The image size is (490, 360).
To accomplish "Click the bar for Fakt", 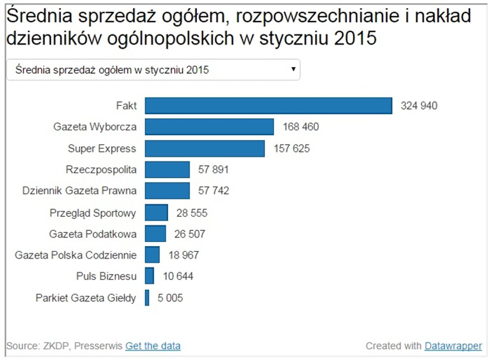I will click(x=268, y=106).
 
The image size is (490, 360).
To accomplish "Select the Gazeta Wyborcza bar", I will click(x=209, y=127).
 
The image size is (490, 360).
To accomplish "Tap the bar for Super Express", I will click(x=205, y=148).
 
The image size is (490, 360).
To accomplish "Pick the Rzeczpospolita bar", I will click(x=167, y=170).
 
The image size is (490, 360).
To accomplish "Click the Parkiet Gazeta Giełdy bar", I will click(x=147, y=298).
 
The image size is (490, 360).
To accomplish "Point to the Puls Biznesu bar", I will click(x=149, y=276).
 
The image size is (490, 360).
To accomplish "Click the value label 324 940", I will click(x=419, y=106).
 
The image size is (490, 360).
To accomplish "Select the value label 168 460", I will click(x=300, y=127).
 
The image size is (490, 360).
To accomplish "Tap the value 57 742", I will click(x=214, y=191).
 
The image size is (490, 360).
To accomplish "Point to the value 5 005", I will click(x=170, y=298).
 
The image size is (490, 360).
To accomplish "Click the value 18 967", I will click(x=183, y=255).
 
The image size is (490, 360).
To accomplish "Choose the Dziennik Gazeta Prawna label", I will click(x=80, y=191).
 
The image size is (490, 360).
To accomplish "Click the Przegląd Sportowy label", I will click(x=93, y=212).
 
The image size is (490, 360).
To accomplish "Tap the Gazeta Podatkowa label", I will click(x=93, y=234).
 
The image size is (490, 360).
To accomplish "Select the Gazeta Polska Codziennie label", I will click(x=76, y=255).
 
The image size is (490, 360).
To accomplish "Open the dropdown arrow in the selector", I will click(x=293, y=69).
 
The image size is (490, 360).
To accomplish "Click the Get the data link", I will click(x=153, y=346).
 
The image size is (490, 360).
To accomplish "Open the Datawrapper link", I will click(x=453, y=346).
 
